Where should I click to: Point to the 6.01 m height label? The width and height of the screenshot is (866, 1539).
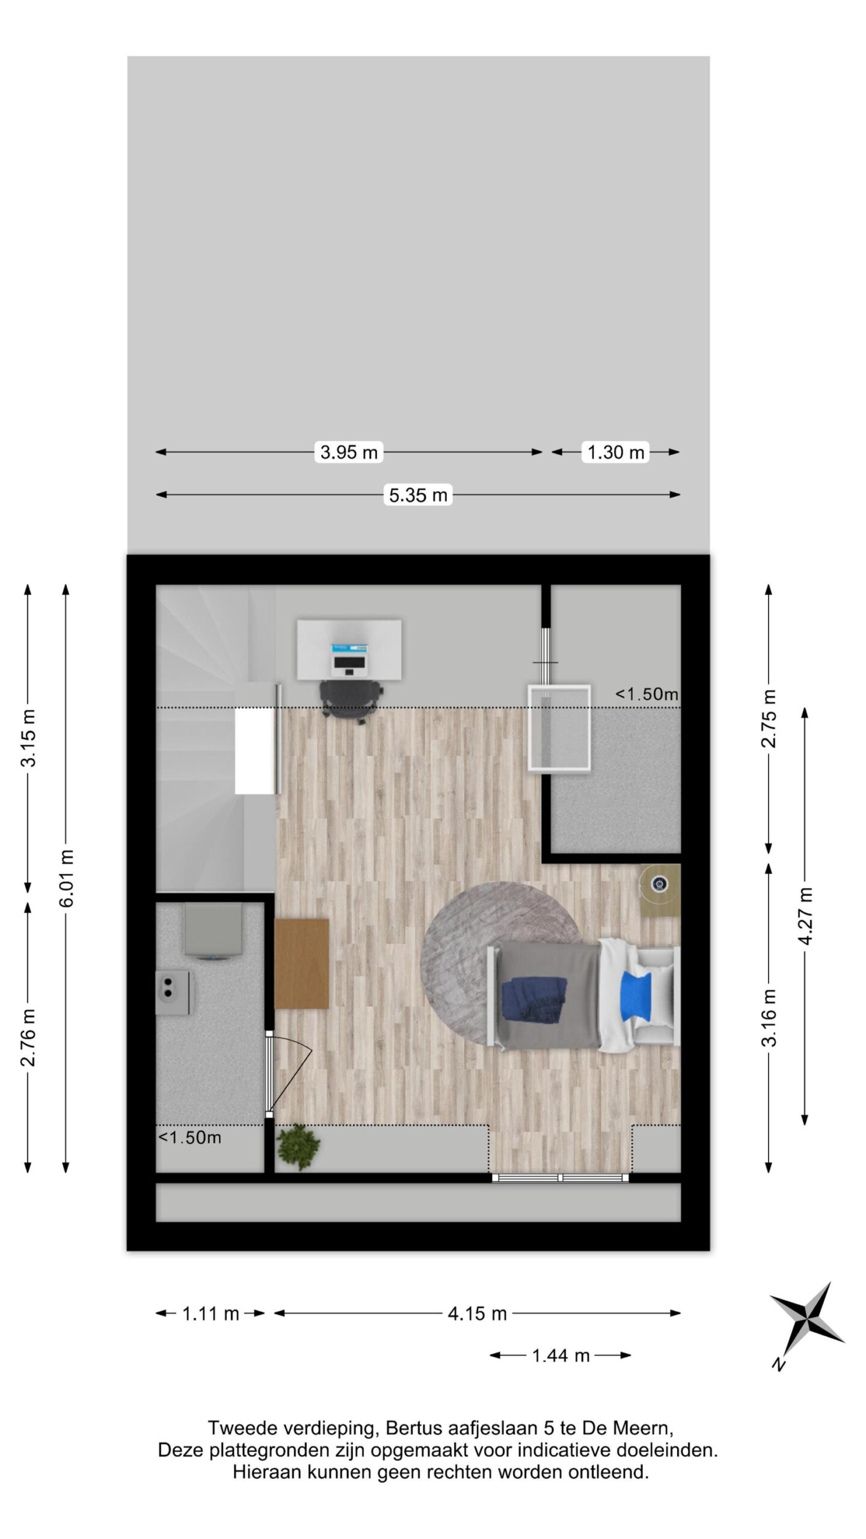[x=66, y=878]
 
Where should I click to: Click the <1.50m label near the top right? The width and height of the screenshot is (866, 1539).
[x=646, y=694]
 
